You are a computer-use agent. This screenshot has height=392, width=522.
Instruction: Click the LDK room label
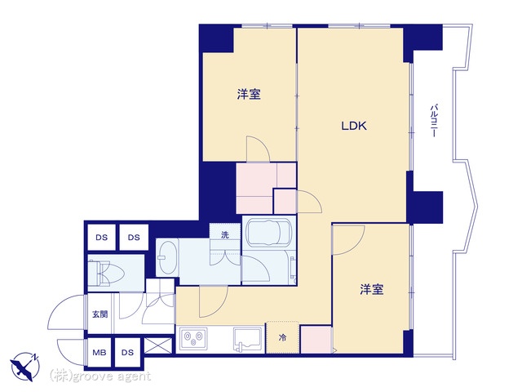[354, 126]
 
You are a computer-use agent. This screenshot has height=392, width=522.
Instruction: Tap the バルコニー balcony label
[434, 121]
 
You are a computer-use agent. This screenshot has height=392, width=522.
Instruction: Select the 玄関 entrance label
[100, 314]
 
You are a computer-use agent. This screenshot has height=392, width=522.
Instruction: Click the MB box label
[100, 352]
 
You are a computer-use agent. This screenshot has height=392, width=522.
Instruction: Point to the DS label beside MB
[127, 352]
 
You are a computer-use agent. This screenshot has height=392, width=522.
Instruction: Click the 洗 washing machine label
[225, 234]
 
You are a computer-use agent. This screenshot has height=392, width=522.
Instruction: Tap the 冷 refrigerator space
[282, 337]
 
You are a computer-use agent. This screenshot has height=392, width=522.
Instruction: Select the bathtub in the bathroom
[268, 232]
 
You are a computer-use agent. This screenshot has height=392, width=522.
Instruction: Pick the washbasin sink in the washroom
[167, 258]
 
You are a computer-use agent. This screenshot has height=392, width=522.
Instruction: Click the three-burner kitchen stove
[193, 339]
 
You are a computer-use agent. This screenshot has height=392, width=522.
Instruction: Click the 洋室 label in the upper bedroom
[249, 94]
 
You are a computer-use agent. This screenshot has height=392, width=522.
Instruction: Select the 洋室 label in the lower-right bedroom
[372, 289]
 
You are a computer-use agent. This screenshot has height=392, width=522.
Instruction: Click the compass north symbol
[25, 367]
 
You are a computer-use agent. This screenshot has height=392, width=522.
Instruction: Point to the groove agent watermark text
[100, 376]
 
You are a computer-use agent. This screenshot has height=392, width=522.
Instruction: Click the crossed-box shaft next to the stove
[158, 345]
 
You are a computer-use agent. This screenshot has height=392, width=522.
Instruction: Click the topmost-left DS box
[101, 238]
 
